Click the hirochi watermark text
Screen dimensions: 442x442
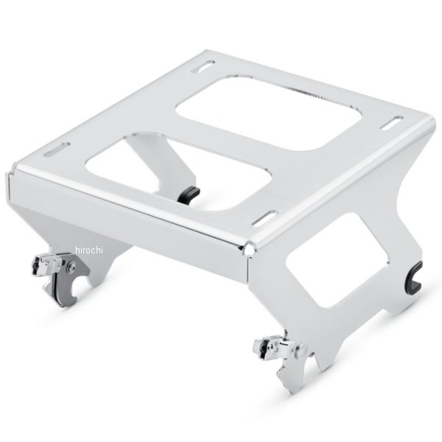(x=89, y=250)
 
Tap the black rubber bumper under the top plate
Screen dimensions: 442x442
(x=189, y=194)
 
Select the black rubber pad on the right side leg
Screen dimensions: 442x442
(x=414, y=276)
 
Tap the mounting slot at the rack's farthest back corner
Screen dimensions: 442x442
(x=203, y=66)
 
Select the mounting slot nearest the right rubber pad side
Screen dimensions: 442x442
(x=392, y=122)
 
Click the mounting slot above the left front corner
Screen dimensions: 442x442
(x=57, y=150)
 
